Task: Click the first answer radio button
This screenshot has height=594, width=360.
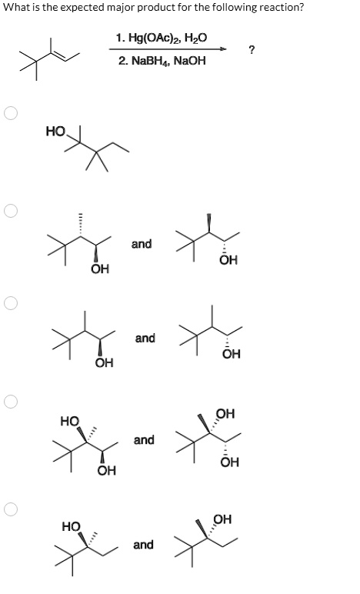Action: click(x=11, y=113)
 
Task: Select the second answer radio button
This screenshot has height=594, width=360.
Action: click(x=11, y=211)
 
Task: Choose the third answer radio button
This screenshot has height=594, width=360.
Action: click(x=11, y=303)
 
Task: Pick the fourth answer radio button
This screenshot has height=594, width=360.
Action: click(x=11, y=402)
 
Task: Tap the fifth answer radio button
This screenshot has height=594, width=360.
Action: click(x=11, y=509)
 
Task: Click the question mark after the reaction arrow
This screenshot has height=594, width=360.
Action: click(x=252, y=49)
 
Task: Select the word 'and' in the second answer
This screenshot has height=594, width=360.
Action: click(x=142, y=244)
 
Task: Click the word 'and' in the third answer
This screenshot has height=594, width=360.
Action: click(x=145, y=338)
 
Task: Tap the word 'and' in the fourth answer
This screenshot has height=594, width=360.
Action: click(x=144, y=440)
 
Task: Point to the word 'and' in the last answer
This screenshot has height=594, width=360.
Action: click(x=144, y=545)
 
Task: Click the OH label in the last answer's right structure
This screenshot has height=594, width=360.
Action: click(x=222, y=519)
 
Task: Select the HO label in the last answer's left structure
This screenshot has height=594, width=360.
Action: click(x=72, y=526)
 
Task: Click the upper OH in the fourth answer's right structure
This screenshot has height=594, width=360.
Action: click(x=225, y=413)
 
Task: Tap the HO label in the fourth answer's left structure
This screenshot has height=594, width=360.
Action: click(x=71, y=421)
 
